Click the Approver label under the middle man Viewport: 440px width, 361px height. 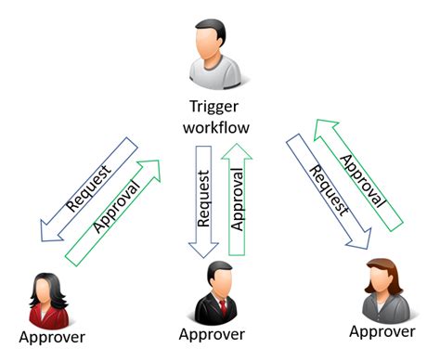pyautogui.click(x=212, y=333)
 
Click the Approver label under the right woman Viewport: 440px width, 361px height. pyautogui.click(x=382, y=330)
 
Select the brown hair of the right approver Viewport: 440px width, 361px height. pyautogui.click(x=382, y=270)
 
